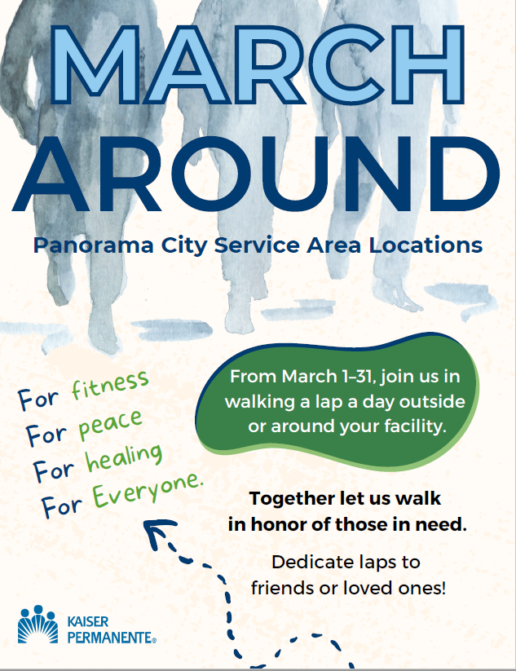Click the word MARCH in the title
(258, 64)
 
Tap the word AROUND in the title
(256, 174)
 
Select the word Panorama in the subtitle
(93, 245)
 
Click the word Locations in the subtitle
(426, 245)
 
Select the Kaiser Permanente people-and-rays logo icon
(37, 625)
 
